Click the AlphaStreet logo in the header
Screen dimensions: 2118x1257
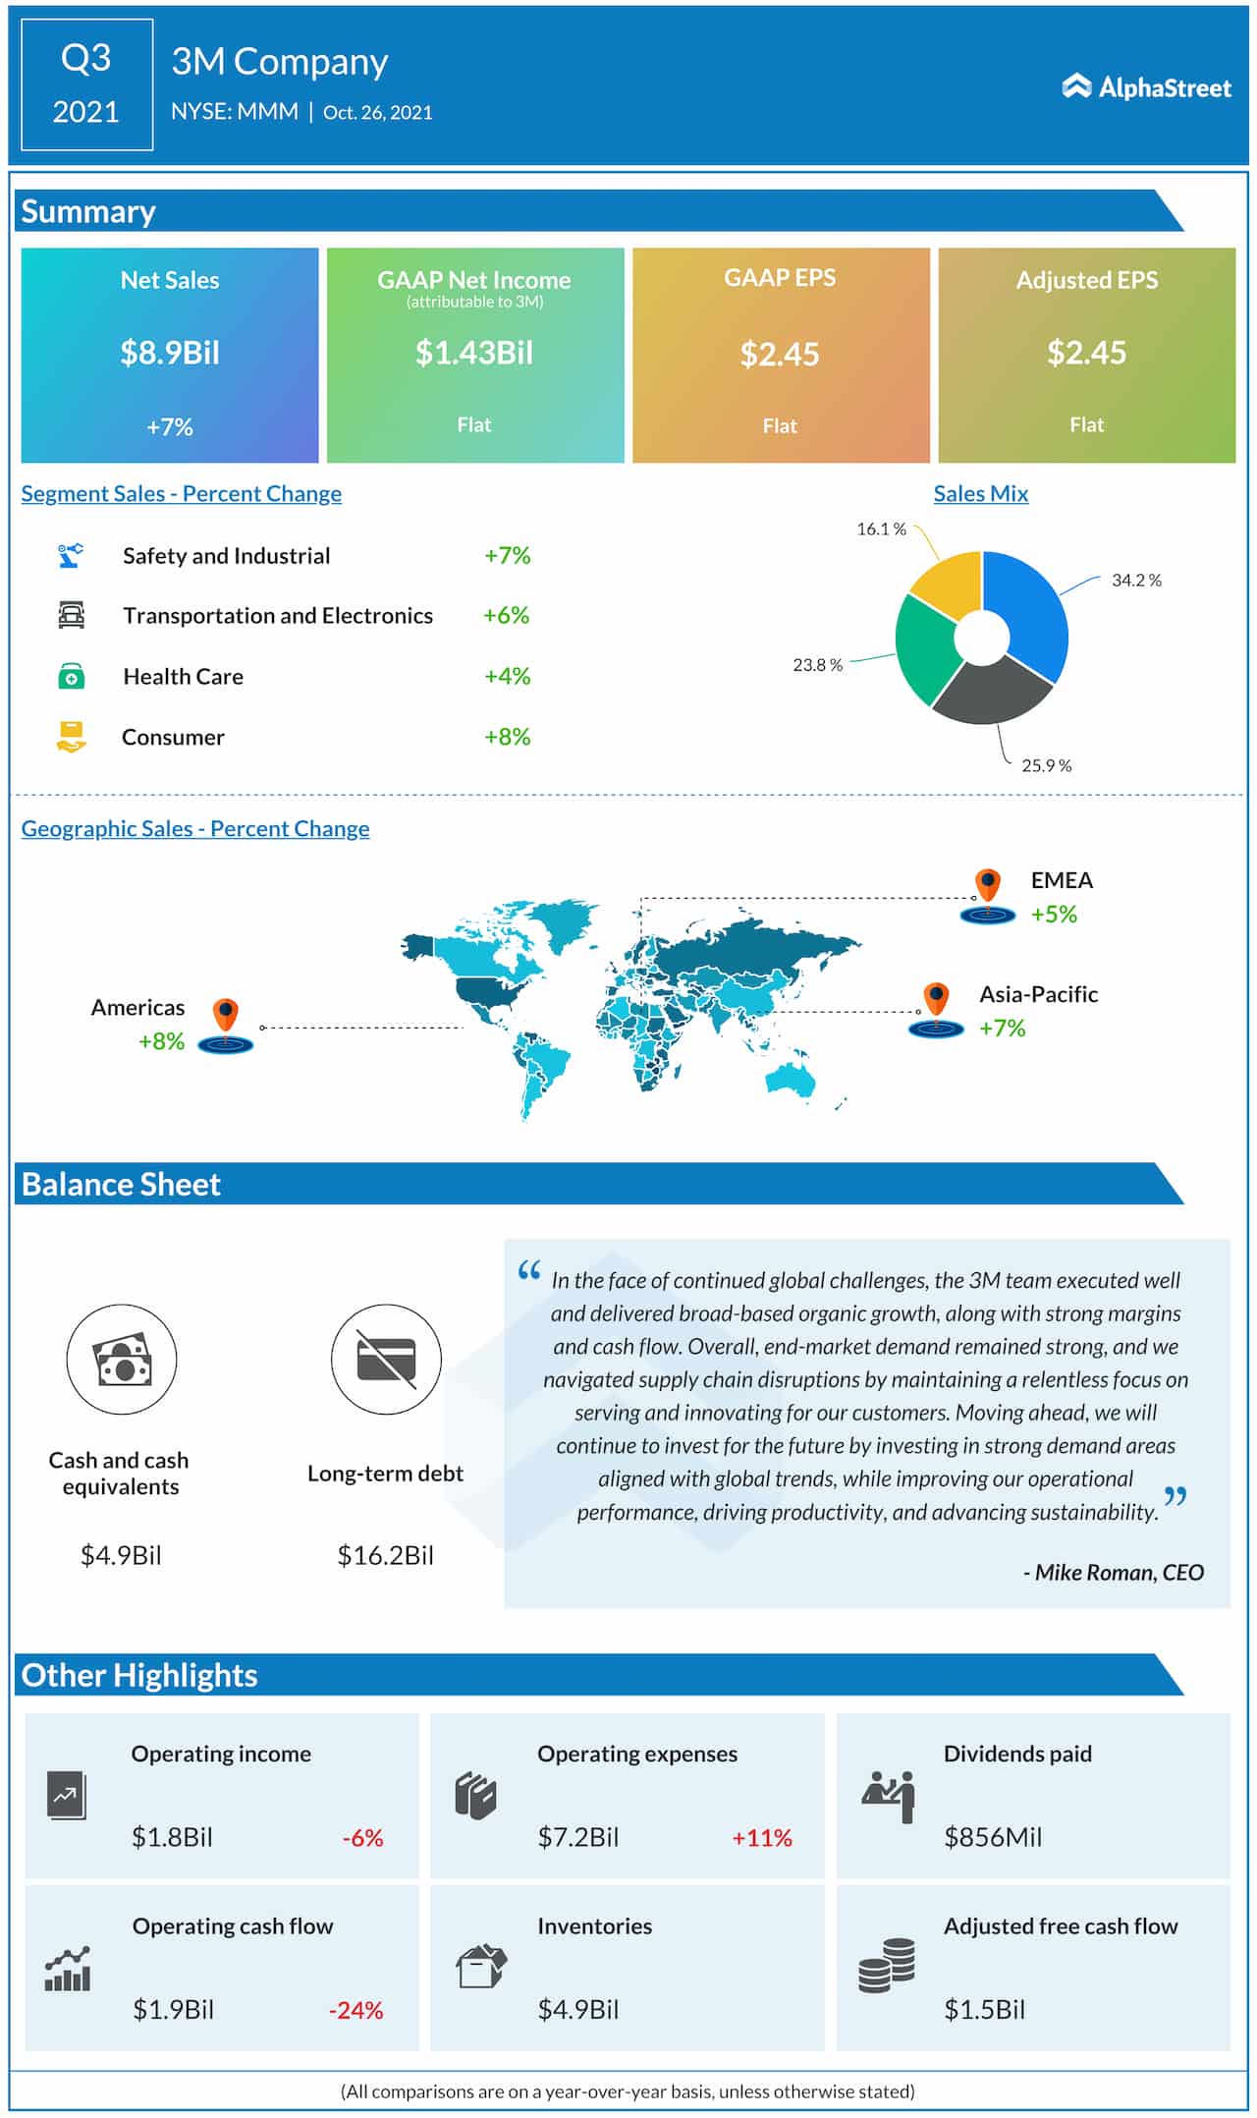pyautogui.click(x=1146, y=87)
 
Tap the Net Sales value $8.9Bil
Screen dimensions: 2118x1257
pyautogui.click(x=169, y=353)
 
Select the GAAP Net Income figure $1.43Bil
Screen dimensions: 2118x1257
pyautogui.click(x=473, y=353)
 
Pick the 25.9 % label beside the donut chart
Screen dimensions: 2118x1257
pyautogui.click(x=1046, y=765)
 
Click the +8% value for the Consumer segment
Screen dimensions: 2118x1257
pyautogui.click(x=507, y=737)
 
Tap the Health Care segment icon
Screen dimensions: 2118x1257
pyautogui.click(x=71, y=676)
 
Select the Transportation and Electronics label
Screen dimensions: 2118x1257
pyautogui.click(x=278, y=616)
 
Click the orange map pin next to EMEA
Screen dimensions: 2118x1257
pyautogui.click(x=987, y=884)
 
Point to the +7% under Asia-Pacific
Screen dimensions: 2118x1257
pyautogui.click(x=1002, y=1029)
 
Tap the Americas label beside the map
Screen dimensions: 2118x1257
pyautogui.click(x=137, y=1008)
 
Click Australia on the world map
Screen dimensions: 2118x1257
pyautogui.click(x=792, y=1079)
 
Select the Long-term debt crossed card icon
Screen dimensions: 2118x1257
pyautogui.click(x=386, y=1360)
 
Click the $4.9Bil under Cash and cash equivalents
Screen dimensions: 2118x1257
pyautogui.click(x=121, y=1555)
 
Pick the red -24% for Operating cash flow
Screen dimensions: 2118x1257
pyautogui.click(x=355, y=2010)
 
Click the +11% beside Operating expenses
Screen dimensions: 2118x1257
pyautogui.click(x=761, y=1837)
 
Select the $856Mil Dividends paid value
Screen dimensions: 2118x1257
pyautogui.click(x=992, y=1837)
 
